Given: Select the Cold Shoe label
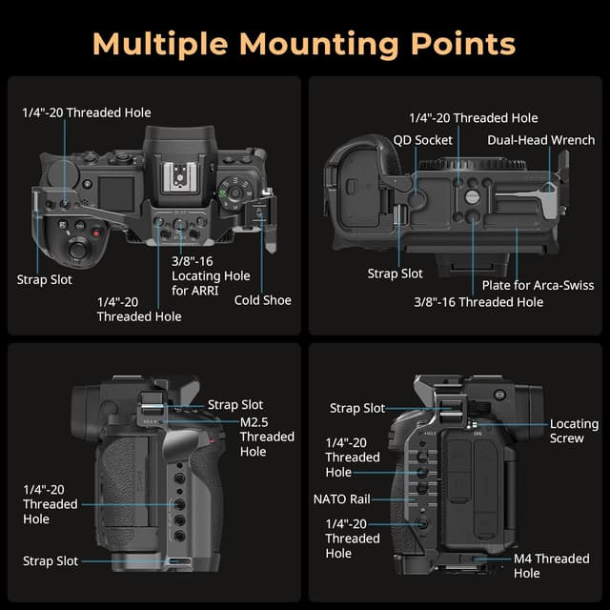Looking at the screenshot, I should pos(263,300).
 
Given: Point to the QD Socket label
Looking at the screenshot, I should pos(422,140).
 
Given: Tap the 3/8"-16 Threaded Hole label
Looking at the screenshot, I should pos(478,302).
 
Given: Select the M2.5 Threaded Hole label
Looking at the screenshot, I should pos(267,437).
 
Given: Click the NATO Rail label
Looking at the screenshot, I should pos(341,498).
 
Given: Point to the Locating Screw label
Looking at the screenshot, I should pos(574,431).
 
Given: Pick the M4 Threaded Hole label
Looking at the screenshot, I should pos(551,566).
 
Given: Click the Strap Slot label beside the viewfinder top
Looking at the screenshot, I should pos(235,405).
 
